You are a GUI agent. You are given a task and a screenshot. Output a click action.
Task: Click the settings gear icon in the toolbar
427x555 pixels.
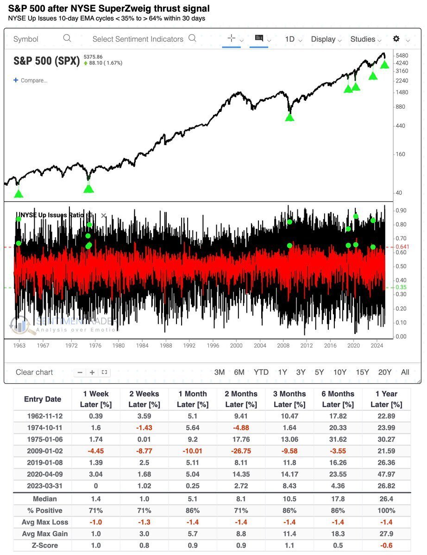396,39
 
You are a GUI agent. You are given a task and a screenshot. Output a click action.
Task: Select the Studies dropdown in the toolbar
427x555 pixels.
363,39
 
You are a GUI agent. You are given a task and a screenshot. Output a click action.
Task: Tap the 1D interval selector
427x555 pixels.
290,39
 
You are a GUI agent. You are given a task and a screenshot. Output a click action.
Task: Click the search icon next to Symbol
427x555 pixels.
67,38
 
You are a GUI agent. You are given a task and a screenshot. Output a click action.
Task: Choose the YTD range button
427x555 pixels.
261,372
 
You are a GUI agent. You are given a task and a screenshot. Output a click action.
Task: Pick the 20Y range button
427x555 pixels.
385,372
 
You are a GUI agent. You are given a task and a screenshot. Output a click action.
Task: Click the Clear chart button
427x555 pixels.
34,372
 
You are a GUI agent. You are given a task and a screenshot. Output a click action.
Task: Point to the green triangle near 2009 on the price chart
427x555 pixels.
289,117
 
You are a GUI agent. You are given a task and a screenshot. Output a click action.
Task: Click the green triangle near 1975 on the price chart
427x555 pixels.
88,188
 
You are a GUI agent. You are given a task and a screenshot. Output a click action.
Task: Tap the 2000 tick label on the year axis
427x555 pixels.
236,345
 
